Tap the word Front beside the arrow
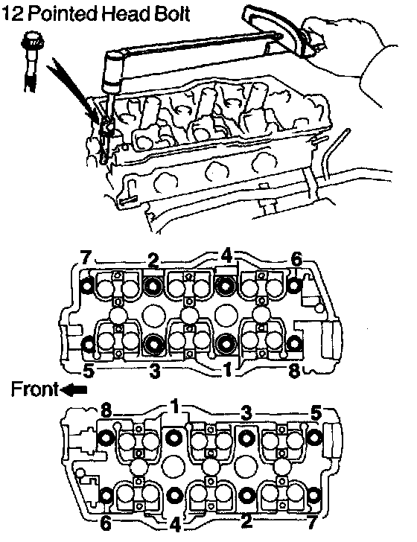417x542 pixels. click(x=34, y=389)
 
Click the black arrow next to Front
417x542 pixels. click(x=73, y=390)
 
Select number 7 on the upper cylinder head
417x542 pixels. click(x=86, y=258)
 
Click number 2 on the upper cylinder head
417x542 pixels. click(x=153, y=261)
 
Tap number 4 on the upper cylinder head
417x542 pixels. click(x=226, y=256)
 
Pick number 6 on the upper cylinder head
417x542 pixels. click(x=296, y=259)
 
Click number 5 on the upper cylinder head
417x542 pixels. click(x=89, y=371)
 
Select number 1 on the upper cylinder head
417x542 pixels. click(x=227, y=369)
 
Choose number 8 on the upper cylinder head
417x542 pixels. click(x=294, y=371)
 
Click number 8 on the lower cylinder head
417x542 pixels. click(x=106, y=411)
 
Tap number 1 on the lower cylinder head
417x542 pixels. click(x=176, y=406)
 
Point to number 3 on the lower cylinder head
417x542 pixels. click(x=246, y=412)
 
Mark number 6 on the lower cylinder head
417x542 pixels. click(x=106, y=523)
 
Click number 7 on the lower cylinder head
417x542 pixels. click(x=312, y=523)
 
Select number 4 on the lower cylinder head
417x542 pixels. click(x=175, y=524)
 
